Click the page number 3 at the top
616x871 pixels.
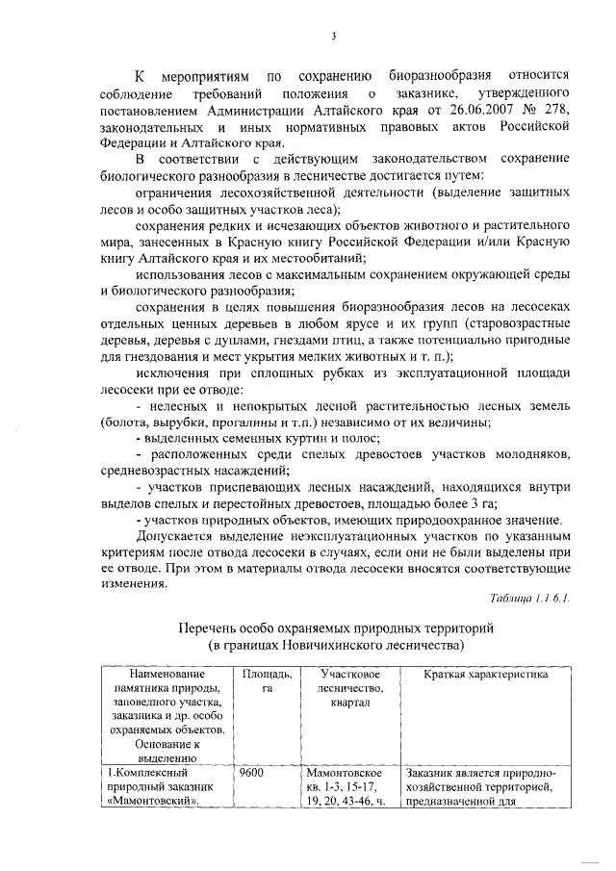333,36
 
